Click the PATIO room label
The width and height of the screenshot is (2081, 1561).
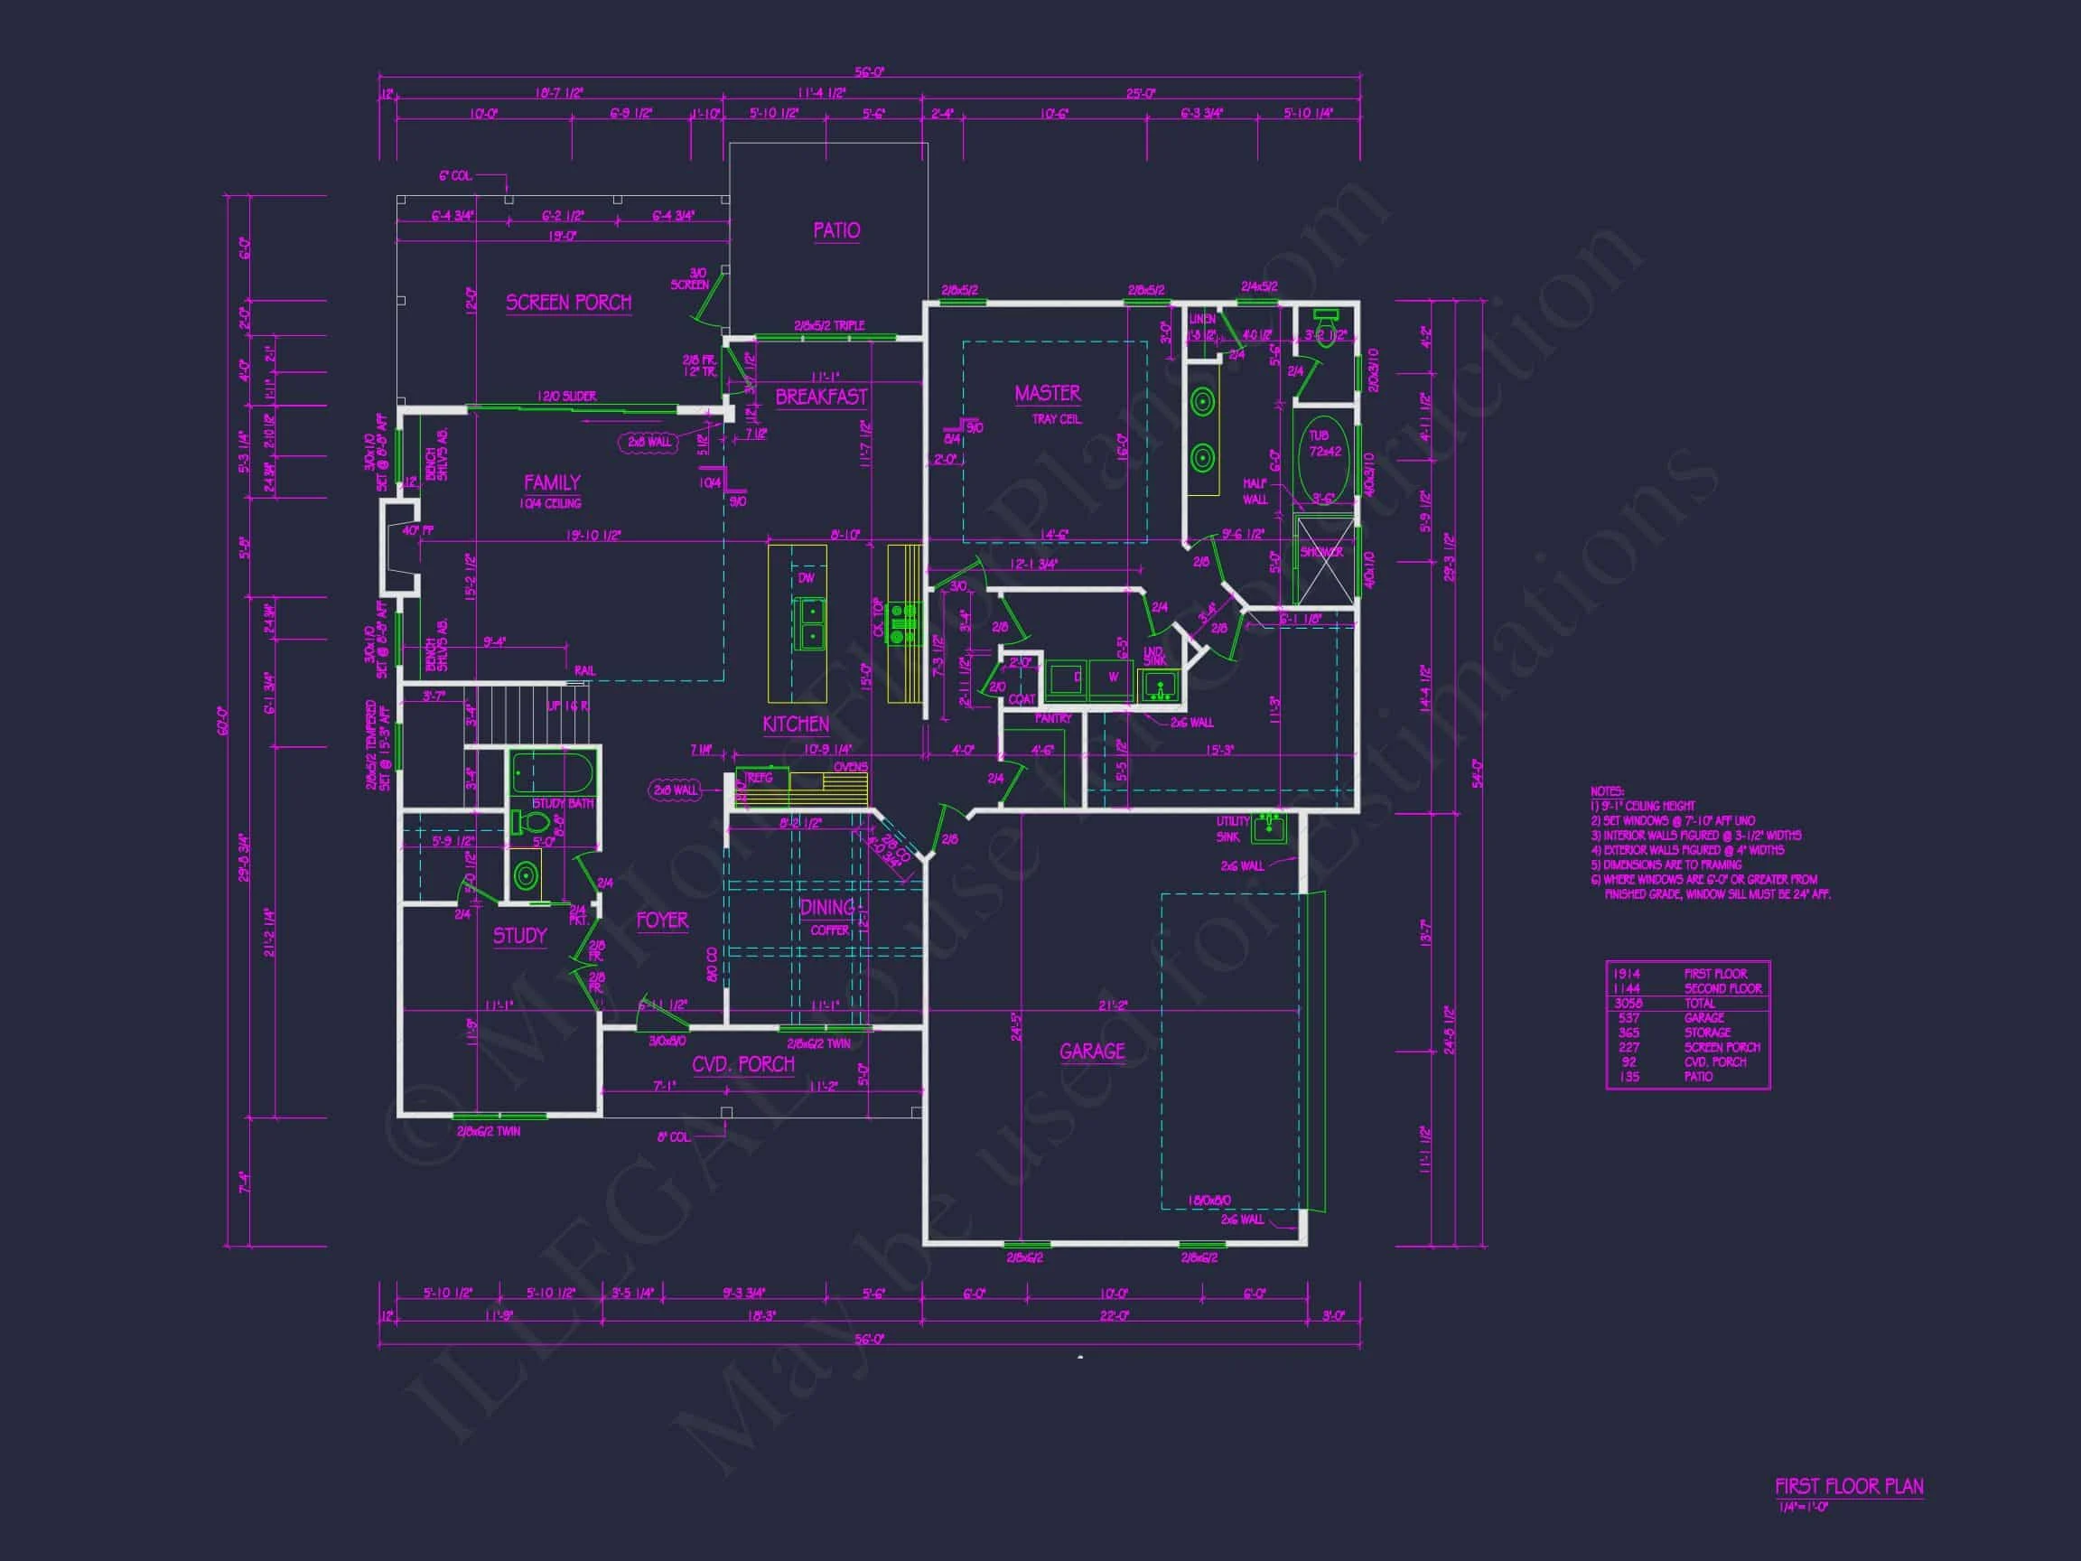[x=836, y=230]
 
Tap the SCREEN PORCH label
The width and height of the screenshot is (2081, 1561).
[x=568, y=303]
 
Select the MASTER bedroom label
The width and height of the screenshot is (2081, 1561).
[x=1047, y=393]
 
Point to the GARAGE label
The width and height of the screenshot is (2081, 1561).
[x=1091, y=1051]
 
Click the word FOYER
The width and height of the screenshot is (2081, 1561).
[x=661, y=921]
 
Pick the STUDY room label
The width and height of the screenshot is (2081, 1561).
[x=519, y=935]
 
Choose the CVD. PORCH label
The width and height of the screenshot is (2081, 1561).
[x=743, y=1064]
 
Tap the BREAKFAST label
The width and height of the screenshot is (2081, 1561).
[x=820, y=397]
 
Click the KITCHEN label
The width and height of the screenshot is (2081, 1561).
[x=796, y=724]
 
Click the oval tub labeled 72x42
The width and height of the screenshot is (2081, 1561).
[x=1325, y=452]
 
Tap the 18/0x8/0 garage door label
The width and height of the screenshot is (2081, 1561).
[x=1208, y=1201]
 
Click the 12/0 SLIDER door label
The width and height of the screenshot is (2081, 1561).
[x=566, y=397]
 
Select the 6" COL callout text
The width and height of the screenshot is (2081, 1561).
[x=455, y=176]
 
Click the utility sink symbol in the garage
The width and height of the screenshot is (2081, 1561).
[x=1267, y=827]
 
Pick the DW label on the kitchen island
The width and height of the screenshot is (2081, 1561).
[x=807, y=578]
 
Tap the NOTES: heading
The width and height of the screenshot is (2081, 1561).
[x=1607, y=791]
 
